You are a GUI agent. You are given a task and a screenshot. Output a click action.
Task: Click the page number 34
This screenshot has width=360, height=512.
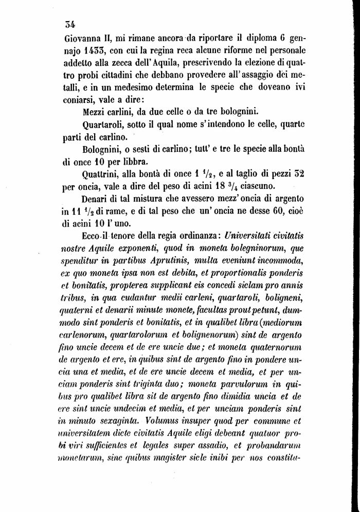[x=70, y=23]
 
